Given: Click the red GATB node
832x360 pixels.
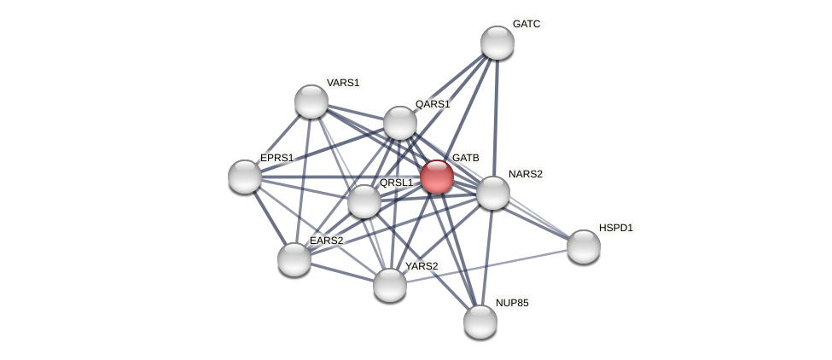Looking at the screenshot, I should tap(436, 177).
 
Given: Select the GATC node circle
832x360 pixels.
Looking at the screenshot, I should tap(497, 43).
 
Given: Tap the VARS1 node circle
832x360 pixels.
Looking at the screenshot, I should tap(311, 102).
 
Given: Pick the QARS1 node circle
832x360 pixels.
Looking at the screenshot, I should tap(399, 123).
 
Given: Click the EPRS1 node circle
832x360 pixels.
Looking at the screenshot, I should tap(245, 177).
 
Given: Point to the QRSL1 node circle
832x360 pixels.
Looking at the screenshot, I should tap(364, 201).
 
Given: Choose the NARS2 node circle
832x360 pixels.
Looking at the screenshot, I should tap(492, 193).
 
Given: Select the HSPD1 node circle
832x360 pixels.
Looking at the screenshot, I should tap(584, 247).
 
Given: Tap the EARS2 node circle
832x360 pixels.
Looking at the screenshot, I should tap(294, 259).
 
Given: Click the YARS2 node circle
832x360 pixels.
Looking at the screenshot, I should tap(390, 285).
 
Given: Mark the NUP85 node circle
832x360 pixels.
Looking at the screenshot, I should tap(480, 322).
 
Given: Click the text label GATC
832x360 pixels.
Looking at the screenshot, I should tap(527, 24).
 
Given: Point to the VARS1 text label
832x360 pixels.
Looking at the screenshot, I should tap(343, 83).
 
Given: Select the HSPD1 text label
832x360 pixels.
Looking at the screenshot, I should tap(616, 228).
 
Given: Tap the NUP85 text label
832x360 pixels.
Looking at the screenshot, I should tap(512, 303).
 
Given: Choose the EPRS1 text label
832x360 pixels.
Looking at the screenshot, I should tap(277, 158).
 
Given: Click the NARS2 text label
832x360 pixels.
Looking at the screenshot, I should tap(525, 174).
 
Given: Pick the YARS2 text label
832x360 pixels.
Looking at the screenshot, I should tap(422, 266).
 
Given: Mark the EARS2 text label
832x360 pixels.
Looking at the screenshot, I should tap(327, 241).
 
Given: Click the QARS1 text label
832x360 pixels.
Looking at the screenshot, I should tap(433, 104).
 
